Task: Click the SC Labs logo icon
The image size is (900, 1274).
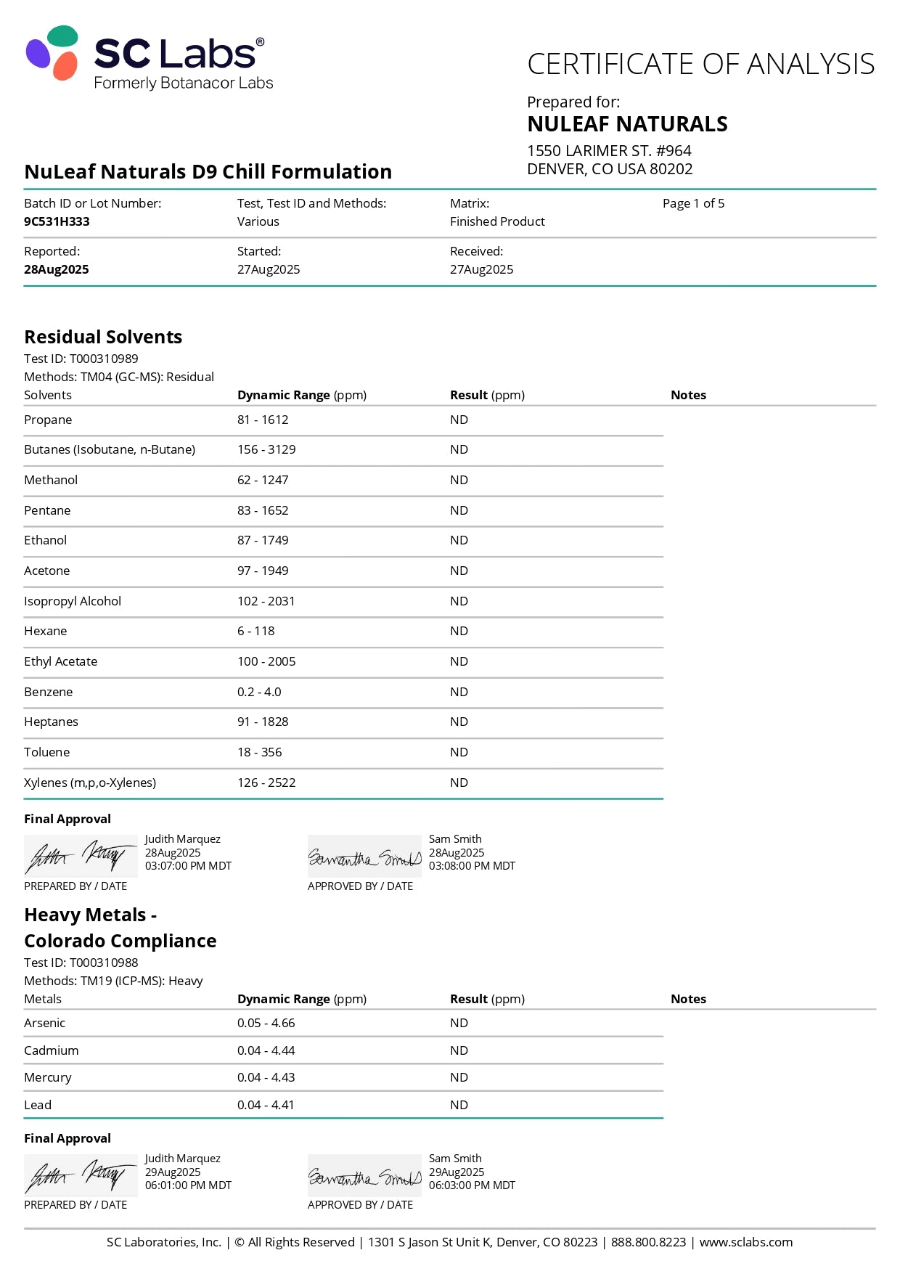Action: (52, 52)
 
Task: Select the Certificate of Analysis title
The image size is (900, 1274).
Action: (700, 64)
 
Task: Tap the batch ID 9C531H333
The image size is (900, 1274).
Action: (57, 221)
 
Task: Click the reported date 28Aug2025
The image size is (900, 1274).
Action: (57, 269)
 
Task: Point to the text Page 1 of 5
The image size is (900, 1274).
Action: (693, 203)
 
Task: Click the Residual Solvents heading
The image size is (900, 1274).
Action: (103, 337)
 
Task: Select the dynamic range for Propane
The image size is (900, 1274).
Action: (263, 420)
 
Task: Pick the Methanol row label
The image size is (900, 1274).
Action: (51, 480)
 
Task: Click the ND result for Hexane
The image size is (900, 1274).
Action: (459, 631)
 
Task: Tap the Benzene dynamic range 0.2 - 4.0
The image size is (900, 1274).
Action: (259, 692)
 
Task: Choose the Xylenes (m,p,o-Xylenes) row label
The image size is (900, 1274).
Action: (90, 783)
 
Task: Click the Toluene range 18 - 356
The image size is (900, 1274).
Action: (259, 752)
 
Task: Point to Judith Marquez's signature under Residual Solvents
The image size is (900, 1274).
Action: (80, 856)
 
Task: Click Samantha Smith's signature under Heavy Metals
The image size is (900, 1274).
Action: (364, 1176)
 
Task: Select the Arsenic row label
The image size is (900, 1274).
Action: (45, 1023)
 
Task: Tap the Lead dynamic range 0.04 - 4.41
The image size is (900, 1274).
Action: (266, 1105)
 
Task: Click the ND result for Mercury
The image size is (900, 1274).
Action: (459, 1077)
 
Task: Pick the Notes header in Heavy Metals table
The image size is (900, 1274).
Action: (688, 999)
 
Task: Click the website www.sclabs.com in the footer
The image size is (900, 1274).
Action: (745, 1242)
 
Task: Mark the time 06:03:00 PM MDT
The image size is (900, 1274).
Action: (472, 1185)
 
